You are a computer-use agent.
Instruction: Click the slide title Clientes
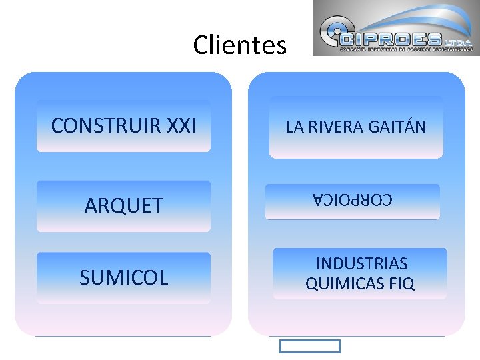pos(239,45)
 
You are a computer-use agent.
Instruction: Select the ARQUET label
pos(123,205)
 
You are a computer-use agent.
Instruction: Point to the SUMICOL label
pos(123,277)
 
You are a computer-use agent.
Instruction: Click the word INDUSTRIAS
pos(361,263)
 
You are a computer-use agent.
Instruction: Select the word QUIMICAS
pos(344,284)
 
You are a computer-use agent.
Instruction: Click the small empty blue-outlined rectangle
pos(309,346)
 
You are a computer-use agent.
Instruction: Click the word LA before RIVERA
pos(294,127)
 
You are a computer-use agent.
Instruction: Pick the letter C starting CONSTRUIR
pos(57,125)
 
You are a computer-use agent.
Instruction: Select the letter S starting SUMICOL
pos(85,277)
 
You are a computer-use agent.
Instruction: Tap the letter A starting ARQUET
pos(90,205)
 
